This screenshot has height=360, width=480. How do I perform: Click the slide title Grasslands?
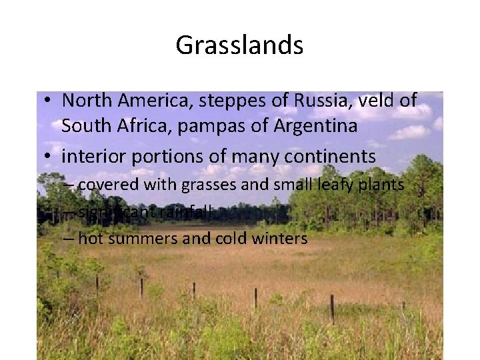pos(239,45)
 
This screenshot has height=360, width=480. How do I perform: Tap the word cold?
pos(231,238)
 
